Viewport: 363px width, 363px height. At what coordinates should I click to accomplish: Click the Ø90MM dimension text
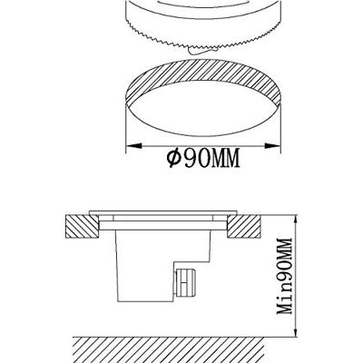(x=201, y=159)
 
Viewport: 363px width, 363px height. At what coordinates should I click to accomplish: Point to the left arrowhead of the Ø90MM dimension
(x=130, y=144)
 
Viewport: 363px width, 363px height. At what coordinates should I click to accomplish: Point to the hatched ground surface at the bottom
(x=181, y=348)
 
